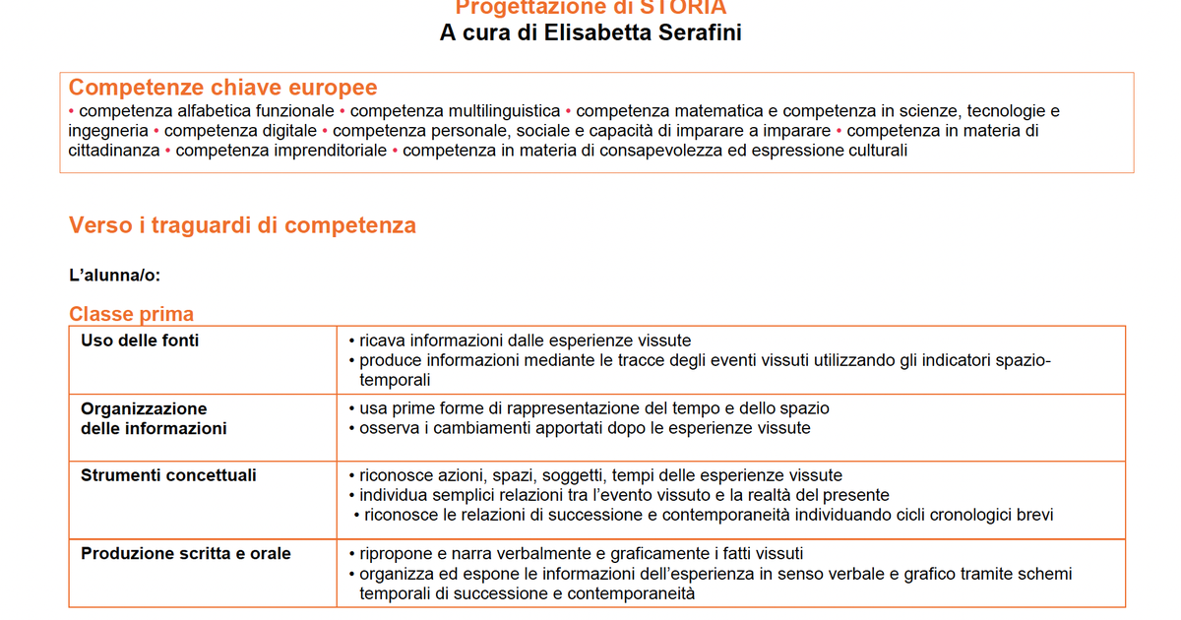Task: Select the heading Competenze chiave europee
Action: click(x=222, y=88)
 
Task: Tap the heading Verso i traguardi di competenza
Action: click(x=242, y=225)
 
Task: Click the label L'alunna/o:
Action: click(x=114, y=276)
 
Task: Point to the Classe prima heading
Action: click(x=131, y=314)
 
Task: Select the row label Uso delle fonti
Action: click(x=140, y=341)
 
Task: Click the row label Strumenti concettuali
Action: click(x=168, y=475)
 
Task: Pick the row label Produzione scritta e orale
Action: click(x=186, y=554)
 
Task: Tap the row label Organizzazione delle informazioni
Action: click(x=154, y=418)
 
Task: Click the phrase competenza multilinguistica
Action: click(x=455, y=111)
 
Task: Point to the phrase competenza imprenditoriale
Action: click(x=280, y=151)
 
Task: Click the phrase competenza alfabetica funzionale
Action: click(x=207, y=111)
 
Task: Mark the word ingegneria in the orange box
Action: click(x=107, y=131)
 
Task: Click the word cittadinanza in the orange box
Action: click(x=114, y=151)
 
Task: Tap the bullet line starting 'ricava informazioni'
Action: click(x=525, y=341)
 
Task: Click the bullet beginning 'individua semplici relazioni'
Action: click(x=624, y=495)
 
